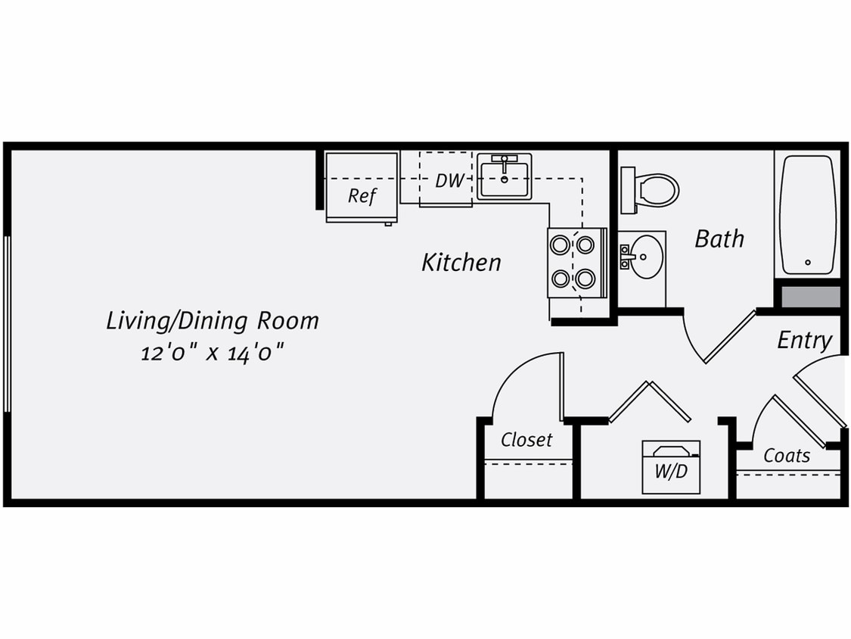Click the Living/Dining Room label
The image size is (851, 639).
click(212, 321)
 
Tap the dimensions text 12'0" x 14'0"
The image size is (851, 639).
click(216, 353)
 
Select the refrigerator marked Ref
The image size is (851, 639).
click(362, 195)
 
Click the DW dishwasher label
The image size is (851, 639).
click(449, 181)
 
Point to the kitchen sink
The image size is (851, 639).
click(504, 177)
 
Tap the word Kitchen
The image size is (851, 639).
click(461, 263)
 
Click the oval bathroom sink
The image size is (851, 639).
click(645, 257)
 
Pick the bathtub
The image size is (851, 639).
click(807, 215)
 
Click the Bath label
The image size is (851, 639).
click(719, 239)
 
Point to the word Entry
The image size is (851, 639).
click(804, 341)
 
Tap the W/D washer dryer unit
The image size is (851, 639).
click(671, 467)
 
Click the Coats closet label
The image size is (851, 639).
click(787, 456)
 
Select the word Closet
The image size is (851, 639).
click(526, 440)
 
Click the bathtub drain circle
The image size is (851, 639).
click(808, 263)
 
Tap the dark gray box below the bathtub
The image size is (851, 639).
click(810, 296)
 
